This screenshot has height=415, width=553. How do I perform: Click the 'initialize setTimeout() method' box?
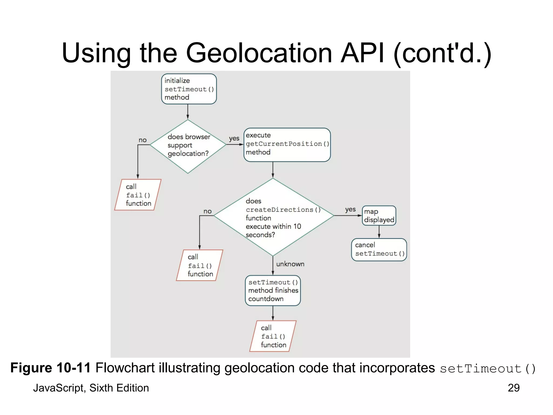click(x=189, y=89)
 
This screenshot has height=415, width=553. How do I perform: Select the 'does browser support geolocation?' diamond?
click(x=188, y=146)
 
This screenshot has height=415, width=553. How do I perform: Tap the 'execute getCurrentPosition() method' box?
click(x=287, y=145)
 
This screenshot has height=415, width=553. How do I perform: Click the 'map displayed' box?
click(x=379, y=216)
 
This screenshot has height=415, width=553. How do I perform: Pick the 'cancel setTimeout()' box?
click(x=379, y=249)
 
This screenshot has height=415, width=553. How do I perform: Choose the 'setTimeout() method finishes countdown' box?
click(x=273, y=290)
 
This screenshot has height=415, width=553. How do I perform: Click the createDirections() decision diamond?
click(x=273, y=217)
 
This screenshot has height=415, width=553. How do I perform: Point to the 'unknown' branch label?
click(x=290, y=264)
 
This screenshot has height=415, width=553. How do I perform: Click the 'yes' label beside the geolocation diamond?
click(x=234, y=138)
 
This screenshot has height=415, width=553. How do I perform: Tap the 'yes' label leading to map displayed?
click(x=350, y=209)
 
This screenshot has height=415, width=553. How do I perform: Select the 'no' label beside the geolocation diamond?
click(x=143, y=140)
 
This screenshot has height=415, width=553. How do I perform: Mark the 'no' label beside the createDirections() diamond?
click(x=207, y=211)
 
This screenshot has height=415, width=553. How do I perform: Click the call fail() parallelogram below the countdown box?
click(x=273, y=336)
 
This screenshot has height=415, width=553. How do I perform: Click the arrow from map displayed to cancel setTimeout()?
click(x=379, y=232)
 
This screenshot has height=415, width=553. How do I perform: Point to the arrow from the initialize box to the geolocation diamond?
click(x=188, y=112)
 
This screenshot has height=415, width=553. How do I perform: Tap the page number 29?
click(x=513, y=388)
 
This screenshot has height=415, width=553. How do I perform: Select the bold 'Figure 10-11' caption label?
click(x=50, y=368)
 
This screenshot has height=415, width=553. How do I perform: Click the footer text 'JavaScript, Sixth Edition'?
click(x=91, y=388)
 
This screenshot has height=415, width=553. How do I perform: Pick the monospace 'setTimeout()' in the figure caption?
click(x=487, y=369)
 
